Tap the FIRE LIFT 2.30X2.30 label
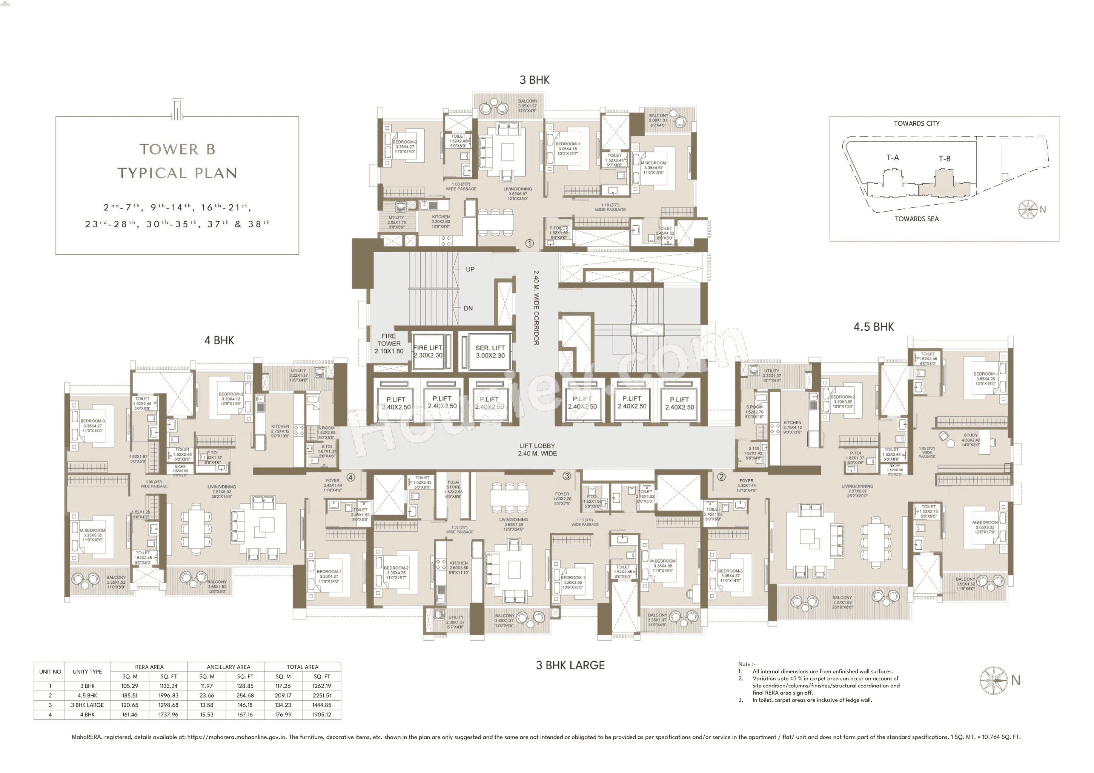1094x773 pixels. [427, 351]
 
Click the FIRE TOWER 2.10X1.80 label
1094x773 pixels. [389, 344]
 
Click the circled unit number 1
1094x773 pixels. [529, 243]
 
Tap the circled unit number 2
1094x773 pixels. [721, 477]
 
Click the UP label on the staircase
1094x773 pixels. [470, 270]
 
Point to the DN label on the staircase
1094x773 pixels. [468, 308]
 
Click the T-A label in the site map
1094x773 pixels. [893, 158]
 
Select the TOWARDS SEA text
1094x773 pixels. [916, 219]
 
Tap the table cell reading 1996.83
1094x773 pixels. [168, 695]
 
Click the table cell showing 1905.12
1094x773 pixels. [322, 715]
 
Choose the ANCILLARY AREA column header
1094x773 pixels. [228, 667]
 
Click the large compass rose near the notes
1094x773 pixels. [993, 680]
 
